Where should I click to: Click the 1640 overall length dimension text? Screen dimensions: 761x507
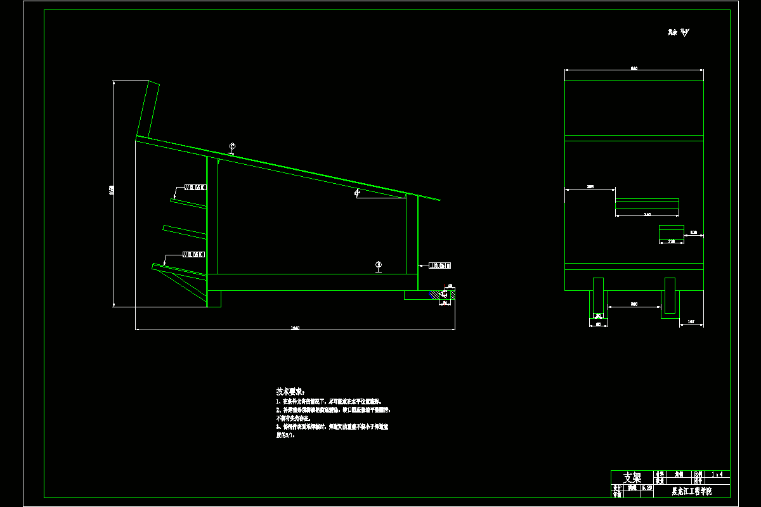(294, 328)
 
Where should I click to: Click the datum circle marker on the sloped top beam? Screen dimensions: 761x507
(232, 147)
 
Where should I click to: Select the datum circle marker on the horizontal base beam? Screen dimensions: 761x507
(379, 265)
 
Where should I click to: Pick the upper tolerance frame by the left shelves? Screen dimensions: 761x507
(195, 187)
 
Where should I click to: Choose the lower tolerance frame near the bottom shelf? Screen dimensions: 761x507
(193, 255)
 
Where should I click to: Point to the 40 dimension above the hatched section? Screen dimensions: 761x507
(450, 286)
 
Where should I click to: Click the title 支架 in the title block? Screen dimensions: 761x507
(632, 477)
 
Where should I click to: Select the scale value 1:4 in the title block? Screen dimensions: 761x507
(720, 474)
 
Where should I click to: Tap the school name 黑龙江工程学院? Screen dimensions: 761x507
(691, 491)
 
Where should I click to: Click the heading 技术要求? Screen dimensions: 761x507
(290, 391)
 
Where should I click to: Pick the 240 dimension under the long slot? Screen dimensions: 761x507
(647, 215)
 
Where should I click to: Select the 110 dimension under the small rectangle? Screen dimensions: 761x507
(671, 241)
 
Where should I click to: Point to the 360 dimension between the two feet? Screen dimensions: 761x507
(634, 305)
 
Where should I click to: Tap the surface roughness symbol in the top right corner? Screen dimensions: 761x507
(679, 32)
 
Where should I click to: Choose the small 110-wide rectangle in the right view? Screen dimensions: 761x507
(671, 231)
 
